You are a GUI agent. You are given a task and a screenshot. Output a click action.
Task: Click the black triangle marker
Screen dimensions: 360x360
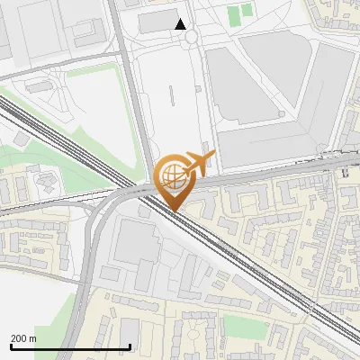point(181,24)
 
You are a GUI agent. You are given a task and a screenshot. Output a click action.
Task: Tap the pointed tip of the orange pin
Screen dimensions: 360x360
point(172,211)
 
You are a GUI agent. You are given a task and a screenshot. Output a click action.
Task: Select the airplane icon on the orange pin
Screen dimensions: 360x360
point(197,163)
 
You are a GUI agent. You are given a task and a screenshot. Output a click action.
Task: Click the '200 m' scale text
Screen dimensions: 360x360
point(24,338)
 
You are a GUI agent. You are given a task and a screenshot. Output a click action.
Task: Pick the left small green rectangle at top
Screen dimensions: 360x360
point(234,15)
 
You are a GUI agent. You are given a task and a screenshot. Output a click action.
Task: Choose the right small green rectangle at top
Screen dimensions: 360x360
point(247,13)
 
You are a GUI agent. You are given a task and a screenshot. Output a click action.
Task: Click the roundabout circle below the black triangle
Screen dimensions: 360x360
point(190,37)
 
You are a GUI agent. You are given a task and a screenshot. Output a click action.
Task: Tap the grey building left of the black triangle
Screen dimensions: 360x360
point(158,22)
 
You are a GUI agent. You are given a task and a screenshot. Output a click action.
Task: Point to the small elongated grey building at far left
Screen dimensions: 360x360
point(38,86)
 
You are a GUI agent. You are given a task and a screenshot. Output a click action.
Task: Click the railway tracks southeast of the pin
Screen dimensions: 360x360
point(261,279)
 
